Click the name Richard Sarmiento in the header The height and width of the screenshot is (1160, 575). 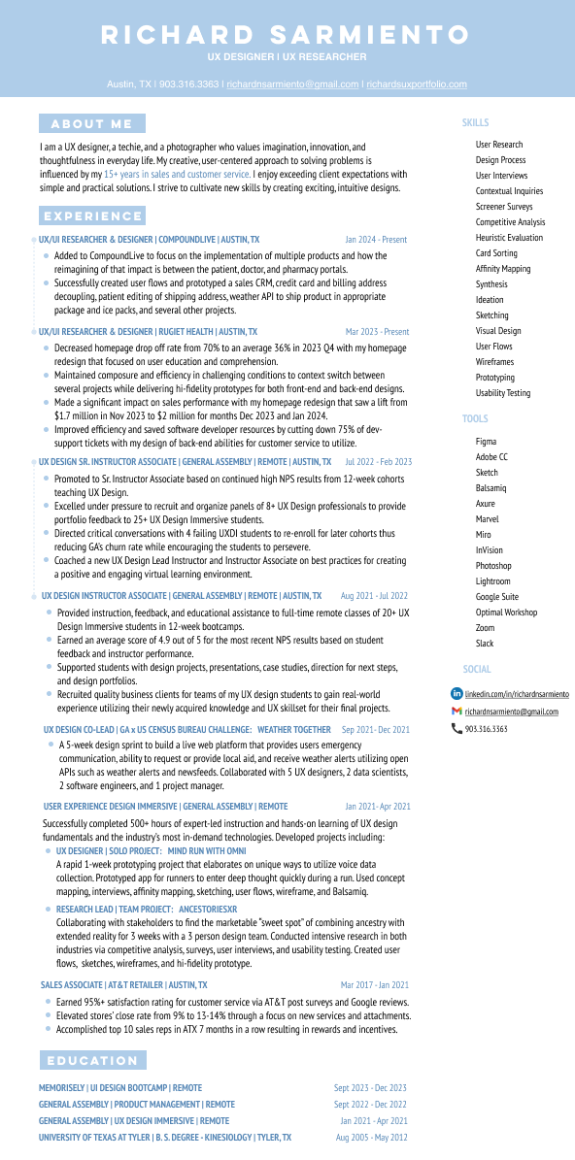tap(287, 36)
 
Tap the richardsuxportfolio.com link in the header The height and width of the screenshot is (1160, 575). tap(417, 84)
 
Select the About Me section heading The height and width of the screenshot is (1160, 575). tap(91, 123)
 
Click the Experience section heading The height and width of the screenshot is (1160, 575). tap(92, 215)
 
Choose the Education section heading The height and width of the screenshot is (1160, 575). tap(92, 1060)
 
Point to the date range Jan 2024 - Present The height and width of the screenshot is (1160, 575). tap(376, 239)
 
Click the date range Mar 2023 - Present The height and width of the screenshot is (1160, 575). tap(377, 332)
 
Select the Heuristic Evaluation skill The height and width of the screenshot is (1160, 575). tap(509, 238)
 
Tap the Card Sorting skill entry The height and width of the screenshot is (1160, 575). tap(496, 253)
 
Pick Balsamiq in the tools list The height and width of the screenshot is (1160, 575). tap(490, 488)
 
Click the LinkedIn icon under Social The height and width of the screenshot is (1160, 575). tap(457, 694)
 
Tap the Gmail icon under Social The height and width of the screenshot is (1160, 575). tap(457, 712)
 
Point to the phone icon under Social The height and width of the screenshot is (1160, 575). tap(457, 729)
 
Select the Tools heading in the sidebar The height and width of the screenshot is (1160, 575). tap(475, 419)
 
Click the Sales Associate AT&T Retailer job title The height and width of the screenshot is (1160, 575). tap(123, 984)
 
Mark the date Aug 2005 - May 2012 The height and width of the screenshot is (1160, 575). tap(371, 1138)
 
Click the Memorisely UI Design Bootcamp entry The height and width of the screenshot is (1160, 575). tap(120, 1088)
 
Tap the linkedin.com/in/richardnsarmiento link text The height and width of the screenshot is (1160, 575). tap(517, 695)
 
